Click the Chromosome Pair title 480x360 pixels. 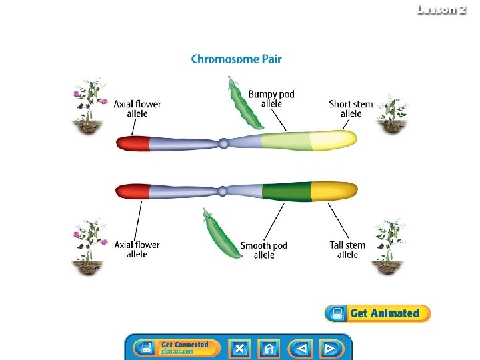click(x=236, y=59)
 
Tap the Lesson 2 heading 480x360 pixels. click(x=441, y=10)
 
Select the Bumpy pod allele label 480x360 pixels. click(x=271, y=98)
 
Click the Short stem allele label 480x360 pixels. click(x=351, y=109)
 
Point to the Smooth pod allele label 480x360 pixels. click(x=264, y=250)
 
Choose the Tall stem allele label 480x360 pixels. click(x=347, y=249)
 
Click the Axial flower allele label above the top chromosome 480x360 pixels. click(x=137, y=109)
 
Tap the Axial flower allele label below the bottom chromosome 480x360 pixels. click(x=137, y=249)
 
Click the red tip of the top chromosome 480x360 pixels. click(x=133, y=142)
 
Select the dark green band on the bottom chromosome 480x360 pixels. click(x=287, y=191)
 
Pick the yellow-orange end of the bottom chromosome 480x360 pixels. click(x=335, y=191)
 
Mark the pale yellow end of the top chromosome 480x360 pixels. click(x=335, y=140)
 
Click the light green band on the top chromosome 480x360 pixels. click(x=285, y=141)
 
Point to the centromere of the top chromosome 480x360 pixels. click(x=225, y=142)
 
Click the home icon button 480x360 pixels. click(x=269, y=348)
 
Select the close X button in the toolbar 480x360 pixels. click(x=240, y=348)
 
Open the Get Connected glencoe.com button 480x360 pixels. click(x=177, y=347)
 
